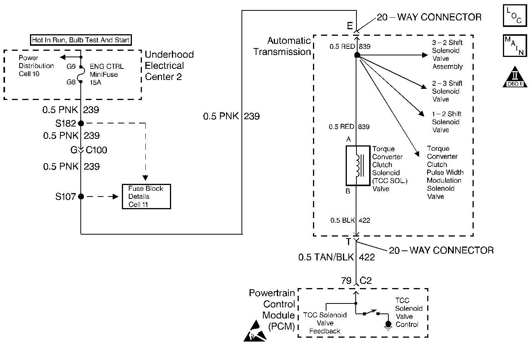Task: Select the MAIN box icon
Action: tap(514, 46)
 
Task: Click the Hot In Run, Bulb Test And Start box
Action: tap(81, 40)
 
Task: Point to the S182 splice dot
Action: tap(81, 123)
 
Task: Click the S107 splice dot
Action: tap(81, 197)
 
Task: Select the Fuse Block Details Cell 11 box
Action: tap(146, 197)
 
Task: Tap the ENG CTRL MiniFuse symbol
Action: tap(81, 74)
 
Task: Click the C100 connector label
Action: tap(96, 150)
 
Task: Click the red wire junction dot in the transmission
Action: tap(357, 55)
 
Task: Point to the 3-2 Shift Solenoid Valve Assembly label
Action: tap(447, 55)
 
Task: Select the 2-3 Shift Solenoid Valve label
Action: tap(447, 91)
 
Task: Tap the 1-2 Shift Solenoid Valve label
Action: tap(446, 122)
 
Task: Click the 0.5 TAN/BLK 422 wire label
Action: tap(336, 257)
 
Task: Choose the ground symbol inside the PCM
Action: tap(388, 325)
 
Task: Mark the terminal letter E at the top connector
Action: tap(350, 26)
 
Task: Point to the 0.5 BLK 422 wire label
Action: tap(350, 220)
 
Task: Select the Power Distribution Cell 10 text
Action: tap(36, 66)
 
